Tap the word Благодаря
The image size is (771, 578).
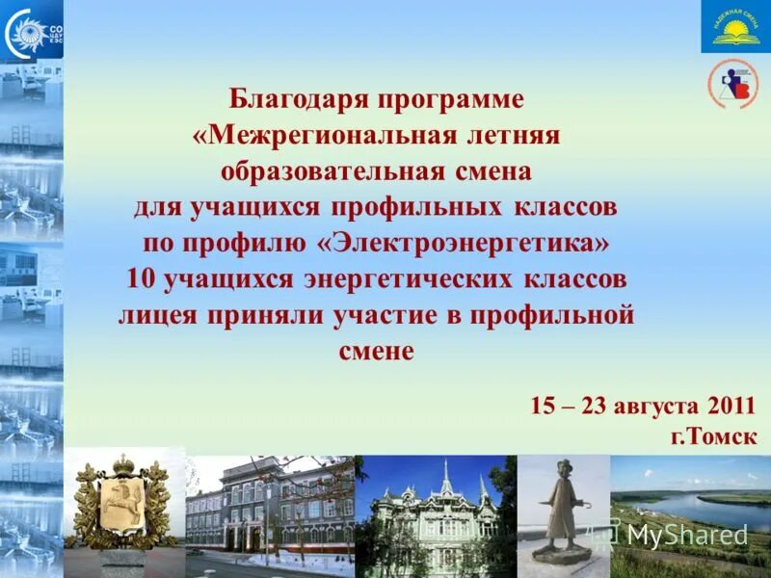[297, 98]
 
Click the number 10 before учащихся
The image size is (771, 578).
[141, 278]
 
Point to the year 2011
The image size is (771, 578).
[731, 404]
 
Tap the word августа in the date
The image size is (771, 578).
[655, 404]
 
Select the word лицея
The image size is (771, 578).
[157, 315]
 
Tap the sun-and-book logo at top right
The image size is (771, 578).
[735, 27]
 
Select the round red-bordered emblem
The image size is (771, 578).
[733, 85]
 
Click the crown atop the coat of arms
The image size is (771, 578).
[122, 464]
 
